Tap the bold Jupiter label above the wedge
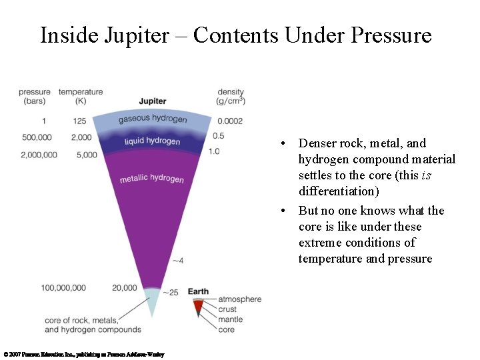(x=153, y=101)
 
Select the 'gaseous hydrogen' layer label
(x=153, y=119)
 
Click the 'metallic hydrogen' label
(x=151, y=179)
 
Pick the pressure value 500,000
(x=37, y=137)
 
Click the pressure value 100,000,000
(x=63, y=288)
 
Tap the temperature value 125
(x=80, y=121)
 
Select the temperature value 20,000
(x=125, y=288)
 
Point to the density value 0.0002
(x=229, y=121)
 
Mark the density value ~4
(x=177, y=260)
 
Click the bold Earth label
(x=198, y=292)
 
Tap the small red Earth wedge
(x=198, y=307)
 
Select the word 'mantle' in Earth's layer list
(x=230, y=319)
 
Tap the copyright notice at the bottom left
(x=83, y=355)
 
